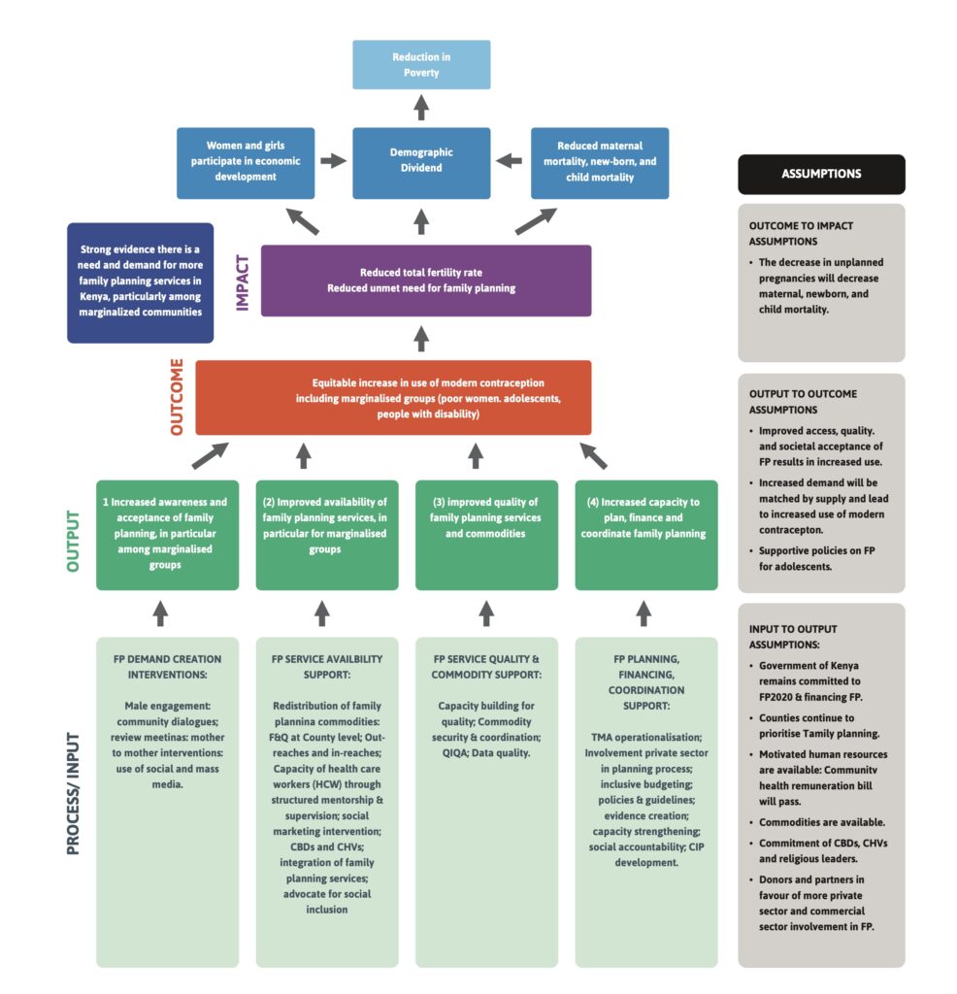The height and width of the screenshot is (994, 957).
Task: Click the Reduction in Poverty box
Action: [x=421, y=64]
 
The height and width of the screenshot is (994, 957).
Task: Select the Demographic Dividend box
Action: [x=421, y=160]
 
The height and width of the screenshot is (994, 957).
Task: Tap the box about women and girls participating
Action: [x=246, y=161]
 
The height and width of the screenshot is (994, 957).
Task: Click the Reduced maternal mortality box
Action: [x=600, y=161]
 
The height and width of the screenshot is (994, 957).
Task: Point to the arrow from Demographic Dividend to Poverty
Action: [x=421, y=108]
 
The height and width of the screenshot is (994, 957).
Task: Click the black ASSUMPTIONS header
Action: [x=821, y=175]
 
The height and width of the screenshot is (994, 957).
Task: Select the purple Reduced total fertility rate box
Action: [x=425, y=281]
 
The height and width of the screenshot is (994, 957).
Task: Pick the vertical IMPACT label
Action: [x=243, y=282]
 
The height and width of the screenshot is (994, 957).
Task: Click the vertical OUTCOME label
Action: [x=177, y=398]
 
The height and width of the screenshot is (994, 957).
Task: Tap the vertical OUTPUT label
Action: [x=73, y=535]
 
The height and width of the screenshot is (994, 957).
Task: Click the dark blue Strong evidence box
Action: [x=140, y=283]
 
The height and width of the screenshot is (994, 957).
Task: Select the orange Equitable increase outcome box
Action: [x=393, y=398]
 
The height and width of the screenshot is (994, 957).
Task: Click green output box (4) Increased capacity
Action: [x=645, y=535]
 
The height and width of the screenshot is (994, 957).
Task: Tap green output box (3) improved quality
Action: [x=486, y=535]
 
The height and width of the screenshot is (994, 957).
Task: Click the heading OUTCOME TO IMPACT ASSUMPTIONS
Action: [x=803, y=233]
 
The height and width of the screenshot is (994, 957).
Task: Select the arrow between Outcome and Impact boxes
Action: [x=421, y=339]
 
